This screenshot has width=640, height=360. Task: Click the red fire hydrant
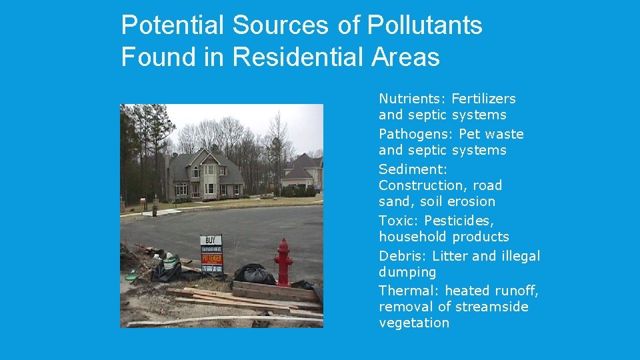(283, 263)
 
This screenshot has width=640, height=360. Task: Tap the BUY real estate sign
(211, 253)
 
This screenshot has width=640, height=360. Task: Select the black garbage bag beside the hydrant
(254, 274)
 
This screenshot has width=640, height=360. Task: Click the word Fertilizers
(483, 99)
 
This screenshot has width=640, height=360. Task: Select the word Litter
(450, 256)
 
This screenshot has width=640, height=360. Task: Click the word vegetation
(414, 323)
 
